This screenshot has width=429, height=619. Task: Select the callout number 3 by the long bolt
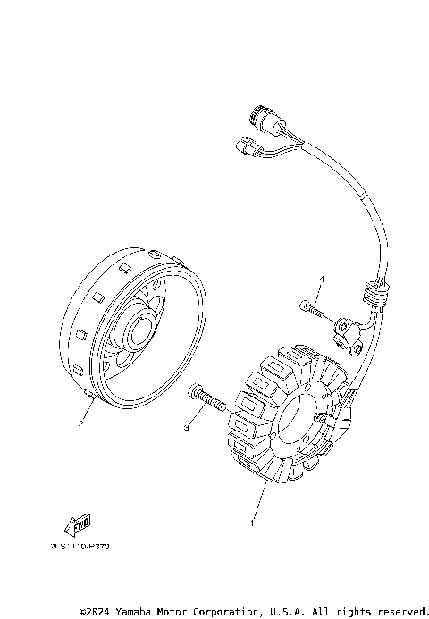click(187, 429)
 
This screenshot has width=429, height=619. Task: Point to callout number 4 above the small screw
click(321, 280)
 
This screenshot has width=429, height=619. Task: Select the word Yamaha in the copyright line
click(132, 612)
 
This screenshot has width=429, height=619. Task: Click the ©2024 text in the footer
click(95, 612)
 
